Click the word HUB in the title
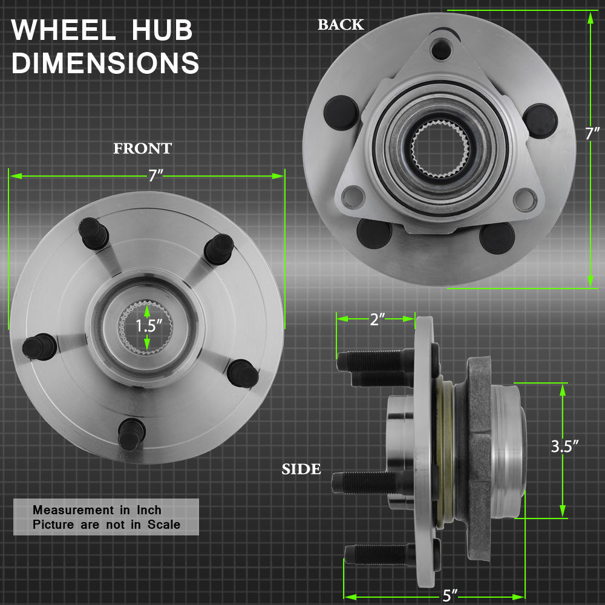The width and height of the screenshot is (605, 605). point(162,30)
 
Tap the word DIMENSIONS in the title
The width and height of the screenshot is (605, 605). point(105,62)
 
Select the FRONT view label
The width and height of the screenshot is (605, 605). point(142,149)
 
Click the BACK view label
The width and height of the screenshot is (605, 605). point(341,25)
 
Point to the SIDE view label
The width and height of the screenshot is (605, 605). point(301,469)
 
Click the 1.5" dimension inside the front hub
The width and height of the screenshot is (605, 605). point(149,326)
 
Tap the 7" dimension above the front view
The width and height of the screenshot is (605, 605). point(155,176)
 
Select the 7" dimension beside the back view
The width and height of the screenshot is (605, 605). point(592,134)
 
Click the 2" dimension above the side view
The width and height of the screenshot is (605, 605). point(378,319)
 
